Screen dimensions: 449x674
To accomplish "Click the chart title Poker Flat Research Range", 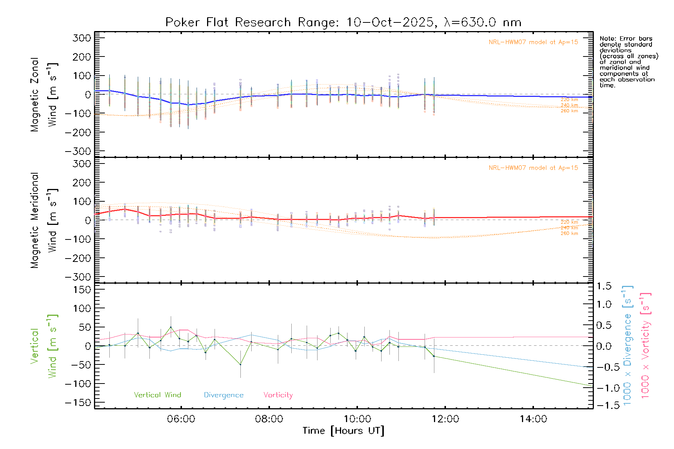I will click(x=343, y=22).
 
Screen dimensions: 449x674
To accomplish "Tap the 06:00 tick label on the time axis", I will click(x=181, y=419).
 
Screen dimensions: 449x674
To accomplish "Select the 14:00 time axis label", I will click(x=533, y=419).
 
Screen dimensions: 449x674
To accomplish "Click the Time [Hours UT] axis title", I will click(x=343, y=431).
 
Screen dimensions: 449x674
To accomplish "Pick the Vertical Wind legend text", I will click(x=157, y=395).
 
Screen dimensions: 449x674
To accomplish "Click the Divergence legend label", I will click(x=224, y=395).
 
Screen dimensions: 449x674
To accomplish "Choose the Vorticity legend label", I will click(x=278, y=395).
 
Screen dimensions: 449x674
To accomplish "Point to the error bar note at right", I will click(x=628, y=62).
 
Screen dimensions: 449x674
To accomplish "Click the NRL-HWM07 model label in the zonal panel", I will click(x=533, y=42).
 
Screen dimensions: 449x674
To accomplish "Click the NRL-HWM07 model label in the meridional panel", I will click(x=533, y=168).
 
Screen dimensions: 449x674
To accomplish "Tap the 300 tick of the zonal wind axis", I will click(x=82, y=38).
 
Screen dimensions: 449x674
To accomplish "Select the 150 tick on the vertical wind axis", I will click(x=82, y=289).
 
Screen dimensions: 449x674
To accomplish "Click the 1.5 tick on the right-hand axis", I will click(x=604, y=286).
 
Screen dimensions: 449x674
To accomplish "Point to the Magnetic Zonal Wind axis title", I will click(x=43, y=95).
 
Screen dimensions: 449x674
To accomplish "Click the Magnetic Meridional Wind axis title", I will click(x=43, y=220).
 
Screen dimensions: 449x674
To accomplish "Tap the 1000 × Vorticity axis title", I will click(x=646, y=345).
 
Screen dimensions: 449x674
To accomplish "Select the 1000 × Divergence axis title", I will click(x=628, y=345).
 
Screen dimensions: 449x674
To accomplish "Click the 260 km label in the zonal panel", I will click(x=569, y=111).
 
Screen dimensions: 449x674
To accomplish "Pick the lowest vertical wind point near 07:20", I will click(x=240, y=364).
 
